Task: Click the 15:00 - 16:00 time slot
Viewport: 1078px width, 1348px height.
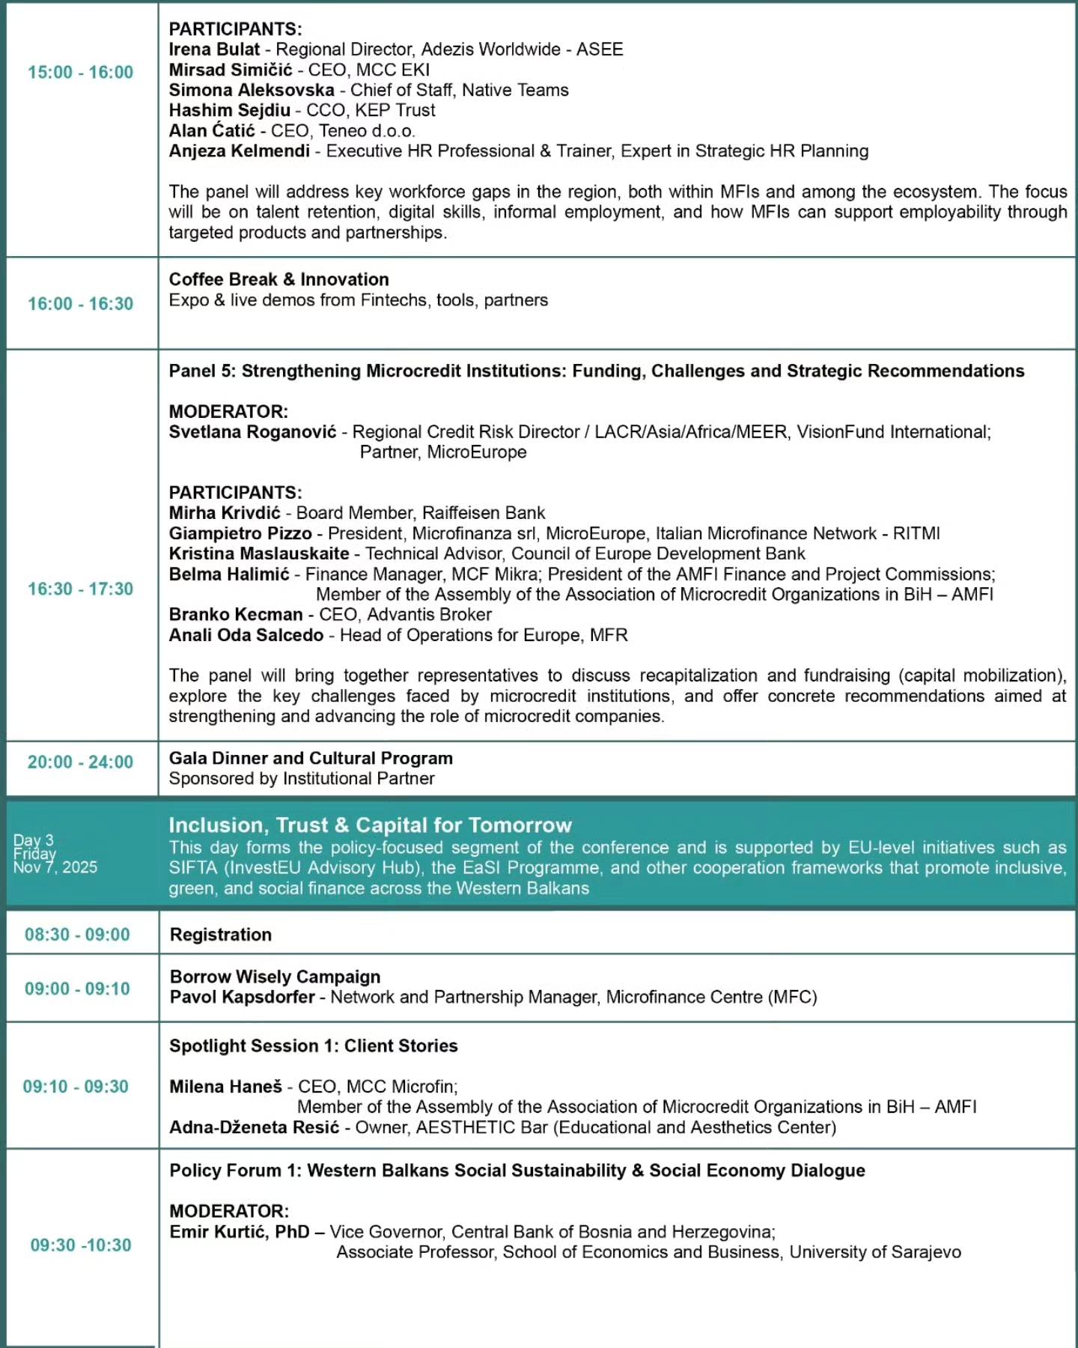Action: click(x=80, y=73)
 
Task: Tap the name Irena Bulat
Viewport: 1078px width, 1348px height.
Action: click(x=214, y=49)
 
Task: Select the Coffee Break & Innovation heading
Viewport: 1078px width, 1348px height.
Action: click(x=278, y=279)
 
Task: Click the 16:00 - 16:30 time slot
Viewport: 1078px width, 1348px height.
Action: click(x=80, y=304)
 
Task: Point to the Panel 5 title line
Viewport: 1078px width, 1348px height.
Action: click(x=596, y=371)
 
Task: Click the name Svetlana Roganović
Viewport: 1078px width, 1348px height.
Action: click(x=252, y=432)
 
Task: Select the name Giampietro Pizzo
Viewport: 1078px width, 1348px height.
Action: click(x=240, y=534)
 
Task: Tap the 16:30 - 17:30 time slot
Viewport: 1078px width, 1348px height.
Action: click(x=80, y=589)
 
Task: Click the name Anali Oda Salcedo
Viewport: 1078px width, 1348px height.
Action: click(x=246, y=636)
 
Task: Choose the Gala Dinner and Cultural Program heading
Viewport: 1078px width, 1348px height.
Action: click(x=310, y=759)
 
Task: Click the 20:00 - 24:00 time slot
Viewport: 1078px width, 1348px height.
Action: click(x=80, y=762)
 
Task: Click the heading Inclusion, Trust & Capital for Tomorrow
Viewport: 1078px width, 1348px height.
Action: click(x=370, y=825)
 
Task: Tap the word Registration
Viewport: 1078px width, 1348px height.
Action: click(x=220, y=935)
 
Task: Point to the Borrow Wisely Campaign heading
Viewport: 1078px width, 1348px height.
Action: click(x=275, y=977)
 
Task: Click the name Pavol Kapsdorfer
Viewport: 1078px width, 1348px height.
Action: click(x=242, y=998)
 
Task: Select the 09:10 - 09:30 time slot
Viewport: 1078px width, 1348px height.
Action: click(x=76, y=1087)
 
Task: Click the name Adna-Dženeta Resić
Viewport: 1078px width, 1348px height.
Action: click(x=254, y=1128)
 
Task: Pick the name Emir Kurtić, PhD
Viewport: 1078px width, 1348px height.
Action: click(x=239, y=1232)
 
